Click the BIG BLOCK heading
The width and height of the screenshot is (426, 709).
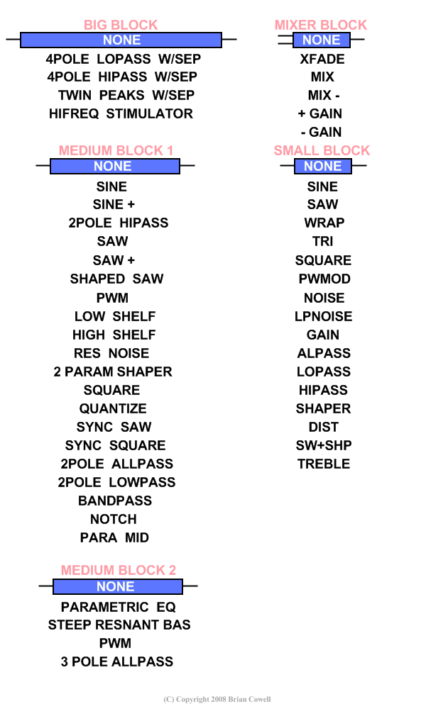click(x=121, y=25)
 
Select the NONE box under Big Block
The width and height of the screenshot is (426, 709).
click(x=121, y=40)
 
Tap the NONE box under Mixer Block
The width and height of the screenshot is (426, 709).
click(x=322, y=40)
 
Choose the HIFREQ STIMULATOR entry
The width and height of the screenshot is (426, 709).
click(x=121, y=113)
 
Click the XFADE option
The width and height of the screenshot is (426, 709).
click(x=322, y=59)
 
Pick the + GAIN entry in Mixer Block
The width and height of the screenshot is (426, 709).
click(x=320, y=113)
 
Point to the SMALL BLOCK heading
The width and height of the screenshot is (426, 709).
click(x=322, y=150)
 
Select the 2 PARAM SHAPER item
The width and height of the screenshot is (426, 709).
click(x=113, y=372)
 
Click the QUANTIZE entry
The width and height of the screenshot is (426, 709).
click(x=113, y=408)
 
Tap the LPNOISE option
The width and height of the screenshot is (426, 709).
click(x=323, y=316)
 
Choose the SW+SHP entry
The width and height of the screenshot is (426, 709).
click(x=324, y=445)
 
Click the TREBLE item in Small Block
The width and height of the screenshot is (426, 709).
click(x=324, y=464)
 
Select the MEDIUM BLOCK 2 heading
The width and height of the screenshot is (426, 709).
click(x=119, y=570)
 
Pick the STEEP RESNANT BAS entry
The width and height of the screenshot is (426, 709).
click(x=119, y=625)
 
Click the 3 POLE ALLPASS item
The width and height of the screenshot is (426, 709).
click(x=117, y=661)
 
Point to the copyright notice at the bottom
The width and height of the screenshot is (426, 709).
click(x=217, y=699)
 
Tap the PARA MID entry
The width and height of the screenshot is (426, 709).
click(x=114, y=537)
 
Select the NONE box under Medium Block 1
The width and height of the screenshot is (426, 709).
click(x=115, y=166)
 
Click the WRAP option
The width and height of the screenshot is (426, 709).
click(x=324, y=223)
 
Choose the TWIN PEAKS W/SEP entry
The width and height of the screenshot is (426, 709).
click(x=126, y=95)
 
